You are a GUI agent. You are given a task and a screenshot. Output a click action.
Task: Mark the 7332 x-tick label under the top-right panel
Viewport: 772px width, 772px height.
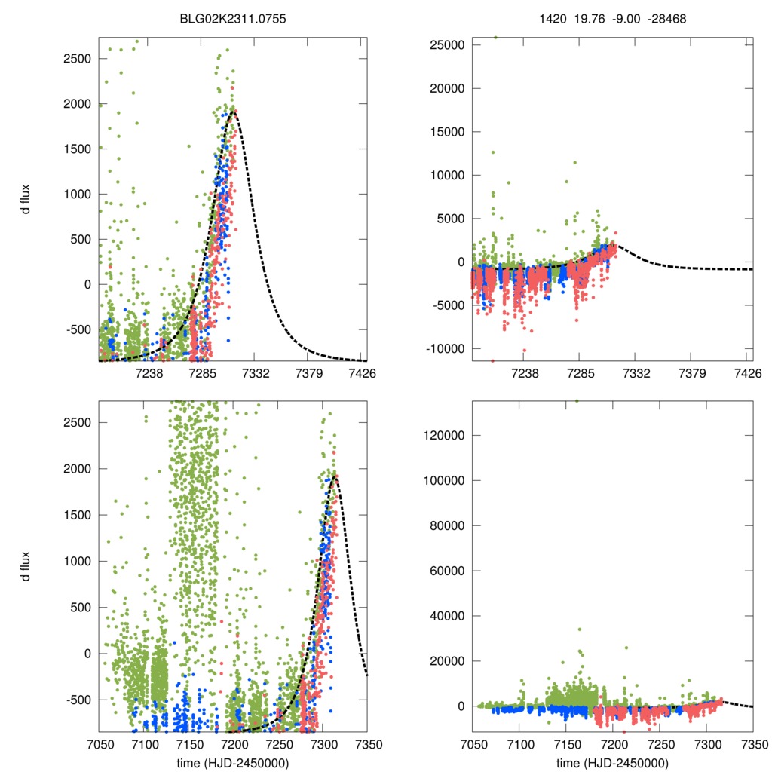tap(636, 373)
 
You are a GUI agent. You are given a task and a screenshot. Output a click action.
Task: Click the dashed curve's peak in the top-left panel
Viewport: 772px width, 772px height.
tap(234, 112)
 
